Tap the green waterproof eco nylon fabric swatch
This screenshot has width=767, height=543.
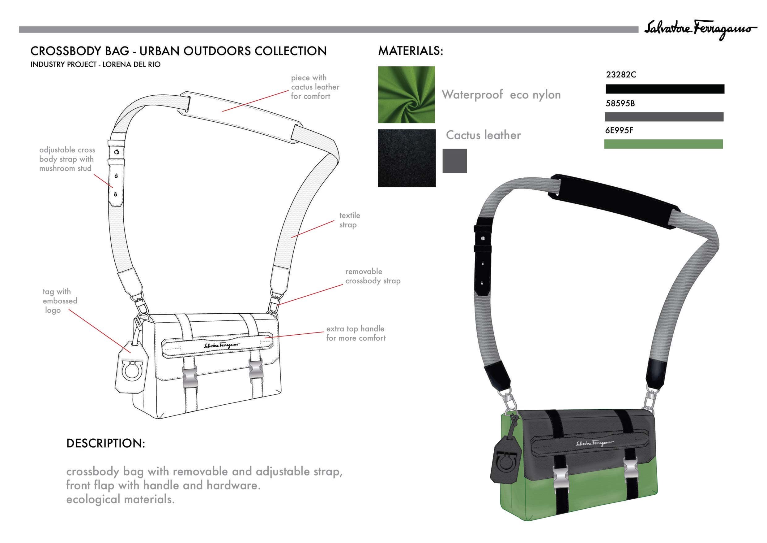[407, 95]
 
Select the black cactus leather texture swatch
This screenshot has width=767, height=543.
[407, 158]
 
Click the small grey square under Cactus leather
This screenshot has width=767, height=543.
[455, 161]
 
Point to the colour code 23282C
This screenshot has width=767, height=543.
[621, 75]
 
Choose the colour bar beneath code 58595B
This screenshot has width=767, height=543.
[664, 117]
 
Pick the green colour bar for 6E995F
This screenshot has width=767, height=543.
[663, 144]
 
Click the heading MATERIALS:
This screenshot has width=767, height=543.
[411, 51]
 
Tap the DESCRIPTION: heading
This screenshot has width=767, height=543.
[105, 443]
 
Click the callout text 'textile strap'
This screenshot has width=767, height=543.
[349, 220]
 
